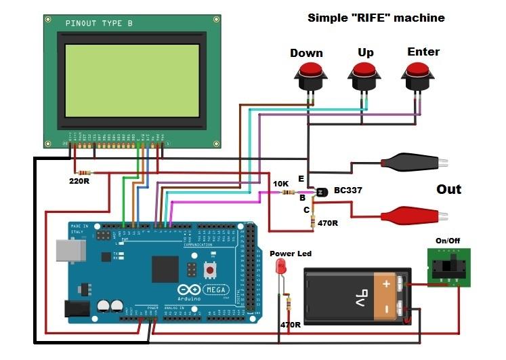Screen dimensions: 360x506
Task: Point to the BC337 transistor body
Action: [320, 193]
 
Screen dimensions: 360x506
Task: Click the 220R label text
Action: [80, 182]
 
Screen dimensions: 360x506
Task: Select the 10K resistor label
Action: [280, 184]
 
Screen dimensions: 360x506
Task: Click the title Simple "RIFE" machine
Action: [376, 18]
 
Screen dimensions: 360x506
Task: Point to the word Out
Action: [448, 190]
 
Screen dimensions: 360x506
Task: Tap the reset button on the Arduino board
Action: [209, 270]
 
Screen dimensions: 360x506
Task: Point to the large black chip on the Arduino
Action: [165, 268]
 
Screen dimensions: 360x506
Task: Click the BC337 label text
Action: [347, 191]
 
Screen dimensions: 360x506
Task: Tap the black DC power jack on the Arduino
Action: [76, 309]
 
